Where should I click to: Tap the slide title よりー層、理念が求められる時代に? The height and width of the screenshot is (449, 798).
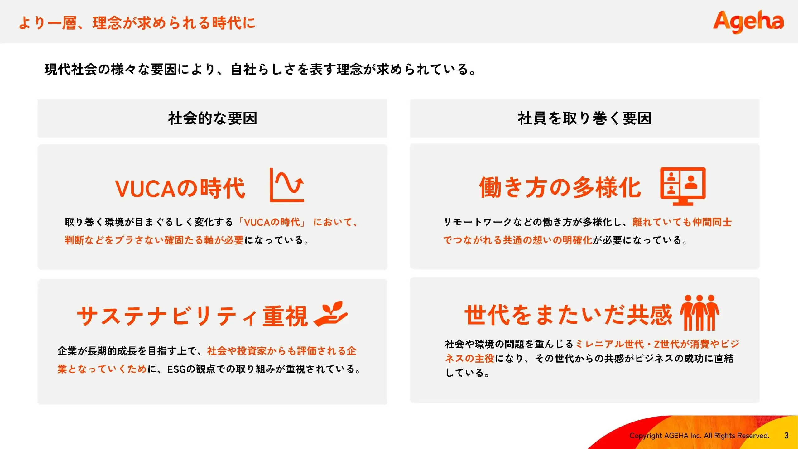point(137,23)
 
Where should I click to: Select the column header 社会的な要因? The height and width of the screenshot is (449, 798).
point(213,118)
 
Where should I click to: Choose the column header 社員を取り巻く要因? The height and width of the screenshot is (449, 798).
point(585,118)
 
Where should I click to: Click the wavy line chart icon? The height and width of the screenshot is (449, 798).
point(287,185)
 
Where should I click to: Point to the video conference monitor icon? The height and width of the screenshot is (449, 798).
point(683,186)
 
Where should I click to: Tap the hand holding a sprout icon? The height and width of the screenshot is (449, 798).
point(330,314)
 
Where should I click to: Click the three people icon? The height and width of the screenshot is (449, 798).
point(699,312)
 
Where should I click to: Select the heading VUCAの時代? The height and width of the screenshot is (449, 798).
point(180,188)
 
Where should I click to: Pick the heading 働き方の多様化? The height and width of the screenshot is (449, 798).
point(560,187)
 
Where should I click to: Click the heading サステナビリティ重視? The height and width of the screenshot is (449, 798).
point(192,316)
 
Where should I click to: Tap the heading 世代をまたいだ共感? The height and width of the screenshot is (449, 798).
point(568,315)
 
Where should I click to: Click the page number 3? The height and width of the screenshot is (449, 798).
point(786,436)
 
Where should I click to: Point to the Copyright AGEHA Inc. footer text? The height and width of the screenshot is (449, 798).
point(699,436)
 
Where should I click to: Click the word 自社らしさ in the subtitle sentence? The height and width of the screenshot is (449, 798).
point(263,69)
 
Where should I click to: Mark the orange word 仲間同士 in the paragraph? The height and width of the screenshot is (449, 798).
point(712,222)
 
